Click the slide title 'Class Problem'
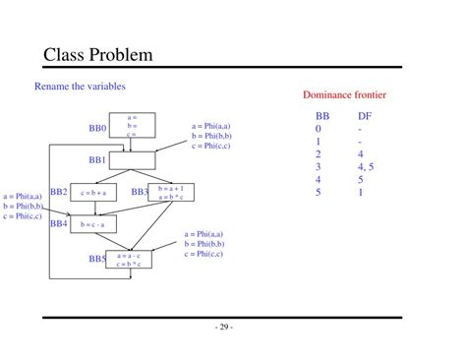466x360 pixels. click(x=98, y=54)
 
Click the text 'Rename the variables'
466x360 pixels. click(x=80, y=87)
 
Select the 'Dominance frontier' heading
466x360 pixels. click(x=344, y=94)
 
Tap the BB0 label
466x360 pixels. click(x=97, y=128)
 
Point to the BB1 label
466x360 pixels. click(x=97, y=159)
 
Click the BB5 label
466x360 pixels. click(x=97, y=259)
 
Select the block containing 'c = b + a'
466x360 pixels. click(x=93, y=193)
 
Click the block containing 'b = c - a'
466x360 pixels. click(x=93, y=225)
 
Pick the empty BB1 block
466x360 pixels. click(x=132, y=159)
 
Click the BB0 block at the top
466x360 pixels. click(x=131, y=126)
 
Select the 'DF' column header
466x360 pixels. click(x=364, y=115)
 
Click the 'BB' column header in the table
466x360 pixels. click(x=322, y=115)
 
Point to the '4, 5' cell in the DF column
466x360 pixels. click(x=367, y=167)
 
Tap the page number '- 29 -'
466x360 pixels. click(x=226, y=328)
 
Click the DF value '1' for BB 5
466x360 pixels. click(x=361, y=193)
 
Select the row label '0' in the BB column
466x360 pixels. click(x=319, y=129)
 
